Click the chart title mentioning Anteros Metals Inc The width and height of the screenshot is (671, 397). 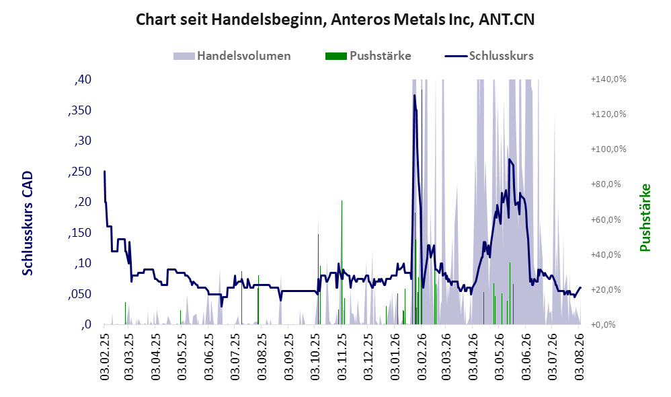(x=335, y=20)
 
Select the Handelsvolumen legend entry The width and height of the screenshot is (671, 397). (x=232, y=56)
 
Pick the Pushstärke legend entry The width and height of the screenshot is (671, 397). (x=368, y=56)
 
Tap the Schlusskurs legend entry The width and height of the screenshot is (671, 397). (x=489, y=56)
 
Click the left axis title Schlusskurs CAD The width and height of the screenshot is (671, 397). (x=28, y=223)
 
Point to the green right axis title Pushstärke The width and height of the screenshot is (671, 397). (x=645, y=217)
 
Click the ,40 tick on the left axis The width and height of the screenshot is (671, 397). (x=83, y=79)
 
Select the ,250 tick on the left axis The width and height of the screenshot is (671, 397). (x=79, y=172)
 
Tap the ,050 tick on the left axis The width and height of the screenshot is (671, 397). (x=79, y=294)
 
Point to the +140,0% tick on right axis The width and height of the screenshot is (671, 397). (x=608, y=79)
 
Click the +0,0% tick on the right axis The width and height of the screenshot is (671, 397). (x=603, y=324)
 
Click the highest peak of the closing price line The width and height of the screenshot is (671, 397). (x=414, y=95)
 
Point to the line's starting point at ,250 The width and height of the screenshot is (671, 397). (x=104, y=172)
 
